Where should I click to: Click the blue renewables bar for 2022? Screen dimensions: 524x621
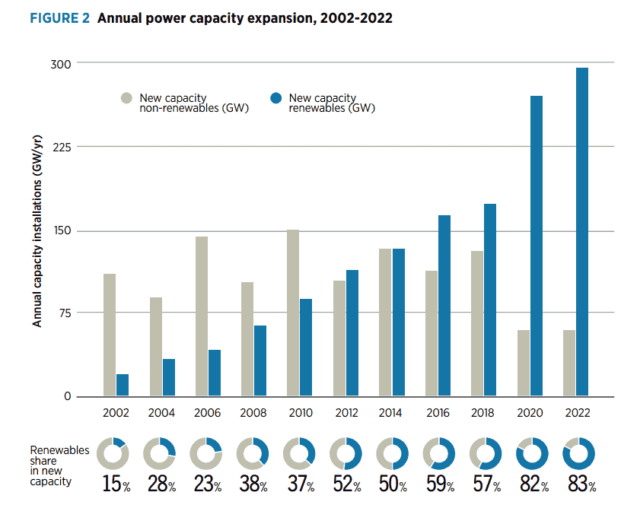pyautogui.click(x=582, y=232)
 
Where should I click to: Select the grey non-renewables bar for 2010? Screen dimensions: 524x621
pyautogui.click(x=293, y=313)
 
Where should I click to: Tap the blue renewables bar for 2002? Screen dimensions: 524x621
pyautogui.click(x=123, y=385)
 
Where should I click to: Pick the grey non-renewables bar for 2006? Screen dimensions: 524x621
pyautogui.click(x=202, y=316)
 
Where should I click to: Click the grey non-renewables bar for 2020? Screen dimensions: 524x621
pyautogui.click(x=524, y=364)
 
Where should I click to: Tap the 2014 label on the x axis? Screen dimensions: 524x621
pyautogui.click(x=392, y=413)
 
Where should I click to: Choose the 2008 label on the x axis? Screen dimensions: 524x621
pyautogui.click(x=253, y=413)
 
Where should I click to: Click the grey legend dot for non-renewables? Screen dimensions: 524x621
pyautogui.click(x=126, y=98)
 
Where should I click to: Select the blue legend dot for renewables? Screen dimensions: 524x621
pyautogui.click(x=276, y=98)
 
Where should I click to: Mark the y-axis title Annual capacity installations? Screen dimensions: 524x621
pyautogui.click(x=37, y=229)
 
